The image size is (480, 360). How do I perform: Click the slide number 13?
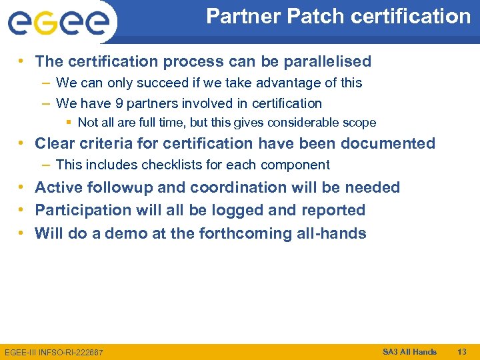pos(462,351)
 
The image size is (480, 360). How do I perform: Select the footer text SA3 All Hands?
pos(409,351)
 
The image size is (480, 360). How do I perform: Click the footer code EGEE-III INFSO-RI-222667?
pos(54,352)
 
